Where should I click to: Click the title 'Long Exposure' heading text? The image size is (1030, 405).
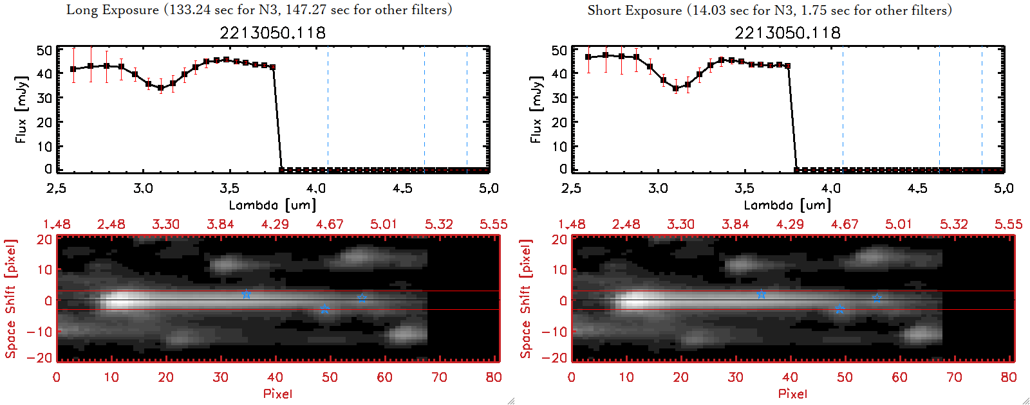pyautogui.click(x=113, y=10)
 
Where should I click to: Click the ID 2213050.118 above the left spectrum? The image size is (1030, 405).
pyautogui.click(x=272, y=32)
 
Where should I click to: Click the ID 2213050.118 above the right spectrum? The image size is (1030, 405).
pyautogui.click(x=787, y=32)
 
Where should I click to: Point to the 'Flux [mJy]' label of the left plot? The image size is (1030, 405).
pyautogui.click(x=21, y=109)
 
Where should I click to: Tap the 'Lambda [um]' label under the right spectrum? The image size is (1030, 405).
pyautogui.click(x=787, y=205)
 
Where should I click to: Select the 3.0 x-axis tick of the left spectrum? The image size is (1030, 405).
pyautogui.click(x=143, y=188)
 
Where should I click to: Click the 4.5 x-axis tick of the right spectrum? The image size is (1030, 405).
pyautogui.click(x=917, y=188)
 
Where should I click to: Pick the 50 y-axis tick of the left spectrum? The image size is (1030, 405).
pyautogui.click(x=44, y=50)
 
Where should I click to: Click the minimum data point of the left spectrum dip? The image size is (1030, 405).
pyautogui.click(x=161, y=89)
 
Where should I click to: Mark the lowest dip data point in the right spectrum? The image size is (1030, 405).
pyautogui.click(x=676, y=89)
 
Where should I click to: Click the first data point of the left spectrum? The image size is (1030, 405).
pyautogui.click(x=73, y=69)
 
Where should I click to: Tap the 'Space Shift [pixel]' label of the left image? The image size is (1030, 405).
pyautogui.click(x=11, y=299)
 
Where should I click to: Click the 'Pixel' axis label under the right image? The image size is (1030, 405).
pyautogui.click(x=792, y=393)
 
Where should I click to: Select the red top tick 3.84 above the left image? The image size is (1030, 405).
pyautogui.click(x=220, y=224)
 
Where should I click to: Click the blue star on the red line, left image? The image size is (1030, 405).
pyautogui.click(x=246, y=294)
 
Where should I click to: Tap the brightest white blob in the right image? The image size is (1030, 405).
pyautogui.click(x=634, y=300)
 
